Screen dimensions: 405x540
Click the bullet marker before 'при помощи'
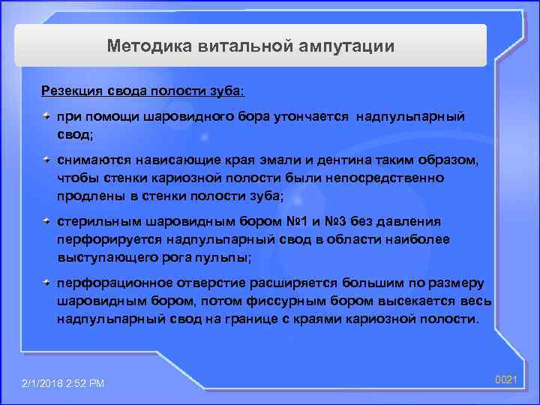46,117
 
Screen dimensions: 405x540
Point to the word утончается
313,118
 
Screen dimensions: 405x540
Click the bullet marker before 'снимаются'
46,160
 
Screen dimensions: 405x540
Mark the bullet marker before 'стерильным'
46,222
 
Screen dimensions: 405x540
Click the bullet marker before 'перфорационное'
46,283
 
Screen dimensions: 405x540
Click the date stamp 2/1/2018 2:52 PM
64,384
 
